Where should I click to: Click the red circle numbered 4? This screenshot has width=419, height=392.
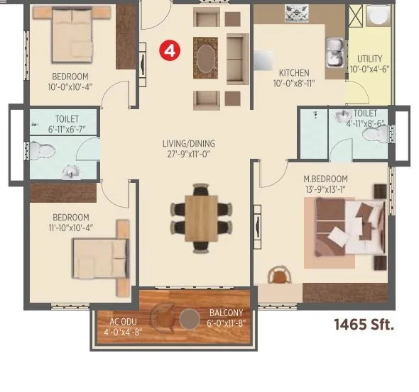click(x=168, y=50)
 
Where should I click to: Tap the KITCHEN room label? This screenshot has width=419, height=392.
click(x=293, y=73)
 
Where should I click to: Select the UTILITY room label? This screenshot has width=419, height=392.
click(x=369, y=59)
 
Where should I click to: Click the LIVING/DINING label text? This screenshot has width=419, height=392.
click(x=188, y=144)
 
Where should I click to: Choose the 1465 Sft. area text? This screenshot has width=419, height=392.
click(x=363, y=325)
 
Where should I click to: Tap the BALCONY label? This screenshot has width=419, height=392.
click(x=226, y=313)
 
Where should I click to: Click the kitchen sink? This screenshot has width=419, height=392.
click(x=334, y=50)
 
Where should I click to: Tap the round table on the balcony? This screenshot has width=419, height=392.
click(x=189, y=320)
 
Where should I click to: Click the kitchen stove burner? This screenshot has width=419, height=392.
click(x=295, y=12)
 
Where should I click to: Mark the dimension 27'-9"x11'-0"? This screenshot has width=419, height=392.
click(x=188, y=154)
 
